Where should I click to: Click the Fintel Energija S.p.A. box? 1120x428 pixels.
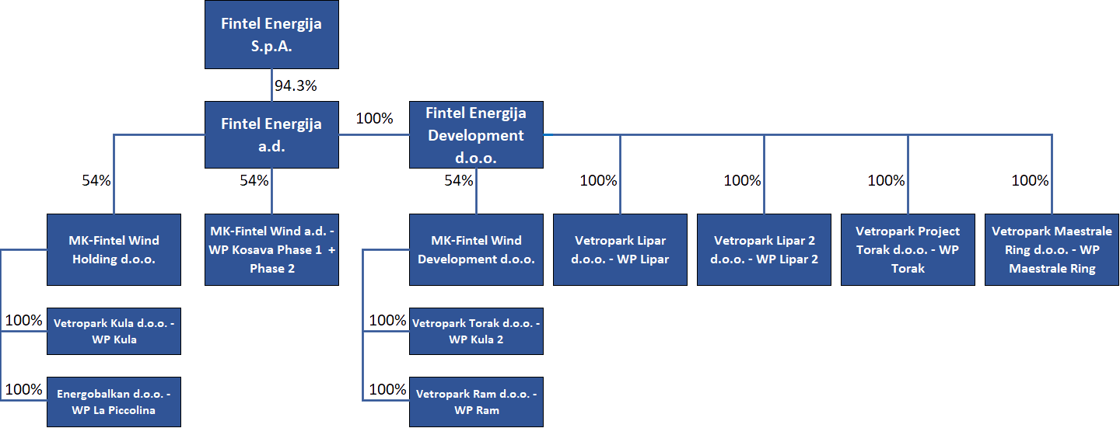click(271, 34)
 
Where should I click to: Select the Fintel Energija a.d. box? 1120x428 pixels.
click(271, 135)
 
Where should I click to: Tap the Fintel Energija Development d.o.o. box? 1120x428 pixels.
click(476, 135)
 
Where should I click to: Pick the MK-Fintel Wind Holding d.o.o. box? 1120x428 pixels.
click(114, 249)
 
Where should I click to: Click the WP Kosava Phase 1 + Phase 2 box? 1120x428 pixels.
click(271, 249)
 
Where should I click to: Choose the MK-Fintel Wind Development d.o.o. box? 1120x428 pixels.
click(476, 249)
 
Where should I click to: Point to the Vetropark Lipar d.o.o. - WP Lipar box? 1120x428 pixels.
click(620, 249)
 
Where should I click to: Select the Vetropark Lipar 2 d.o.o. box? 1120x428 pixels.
click(764, 249)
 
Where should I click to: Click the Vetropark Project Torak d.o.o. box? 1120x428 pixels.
click(908, 249)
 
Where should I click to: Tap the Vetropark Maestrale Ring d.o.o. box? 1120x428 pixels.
click(1052, 249)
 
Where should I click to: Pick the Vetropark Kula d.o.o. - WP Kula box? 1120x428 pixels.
click(114, 331)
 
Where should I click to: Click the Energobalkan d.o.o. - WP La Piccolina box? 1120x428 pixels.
click(114, 402)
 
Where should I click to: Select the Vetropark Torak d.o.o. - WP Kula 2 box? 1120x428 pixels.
click(476, 331)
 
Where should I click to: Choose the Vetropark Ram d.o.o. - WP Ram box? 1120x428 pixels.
click(476, 402)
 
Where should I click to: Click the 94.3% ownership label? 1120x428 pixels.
click(296, 86)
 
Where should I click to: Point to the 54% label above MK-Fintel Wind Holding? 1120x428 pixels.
click(96, 180)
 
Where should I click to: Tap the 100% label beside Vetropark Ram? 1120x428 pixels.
click(387, 389)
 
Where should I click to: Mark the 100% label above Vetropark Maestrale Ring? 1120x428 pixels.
click(1030, 180)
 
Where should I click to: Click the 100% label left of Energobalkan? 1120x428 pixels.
click(23, 389)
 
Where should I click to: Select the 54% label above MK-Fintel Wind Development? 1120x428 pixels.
click(459, 180)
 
